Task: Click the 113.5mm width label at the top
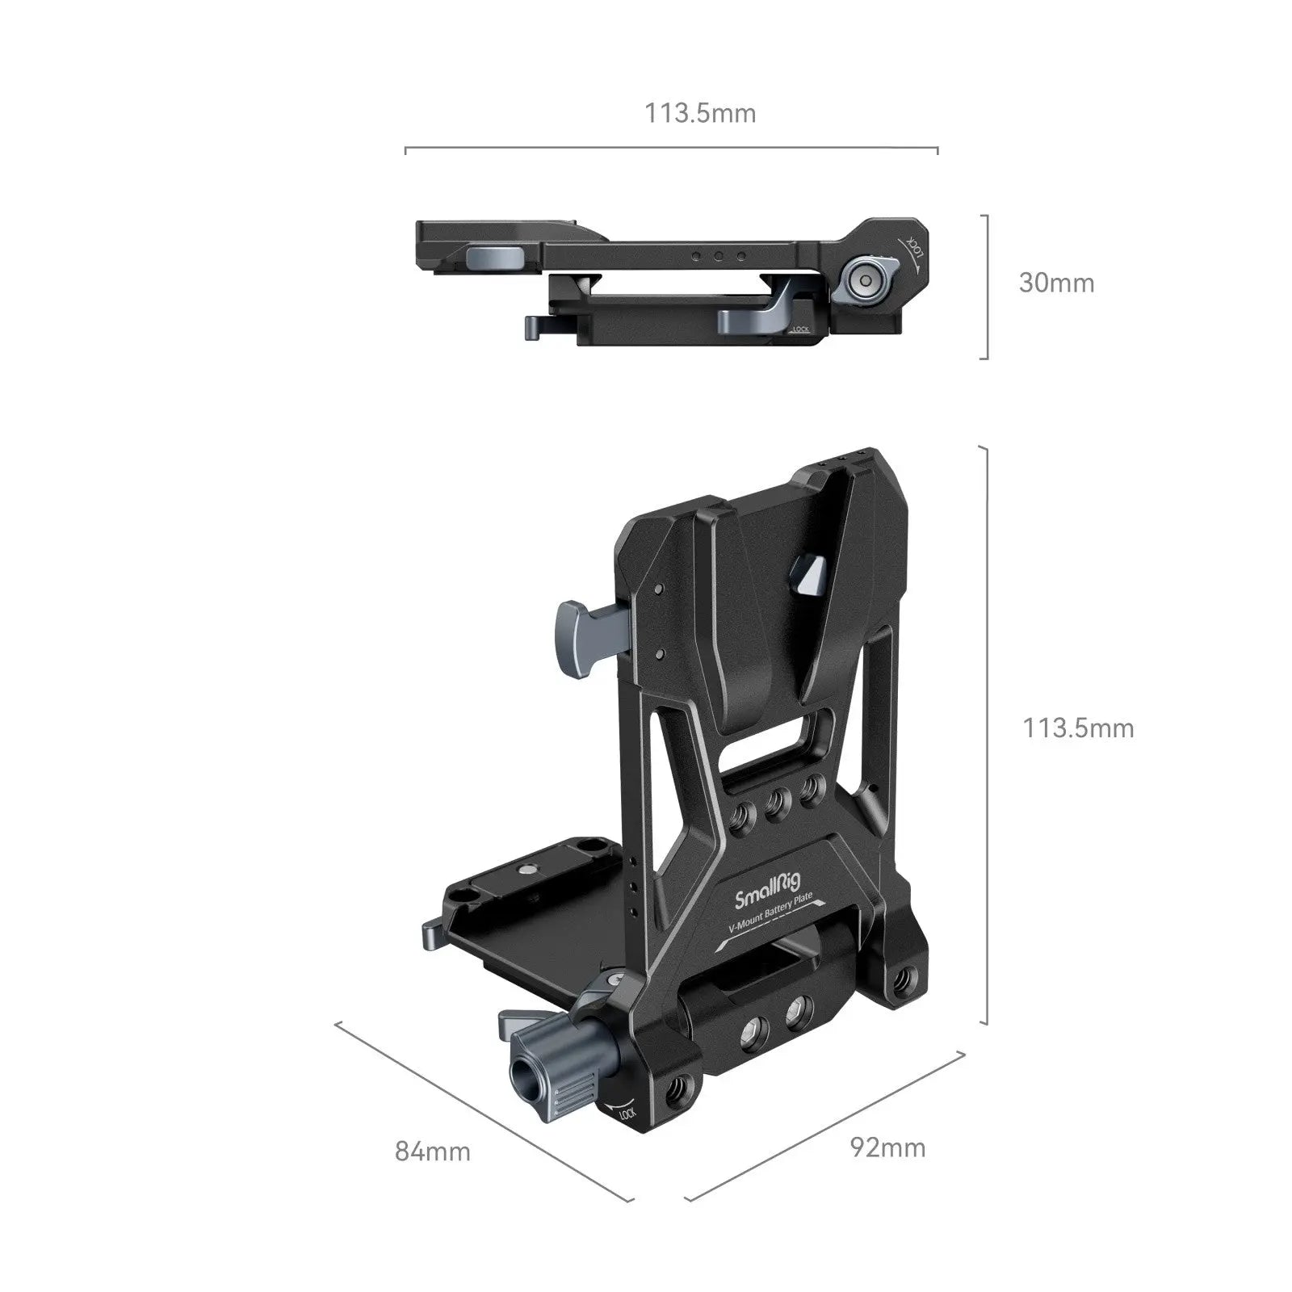pyautogui.click(x=699, y=113)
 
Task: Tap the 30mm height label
pyautogui.click(x=1056, y=283)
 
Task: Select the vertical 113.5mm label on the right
pyautogui.click(x=1078, y=728)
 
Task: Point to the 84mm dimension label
pyautogui.click(x=433, y=1151)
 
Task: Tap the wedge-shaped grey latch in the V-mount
pyautogui.click(x=807, y=577)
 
